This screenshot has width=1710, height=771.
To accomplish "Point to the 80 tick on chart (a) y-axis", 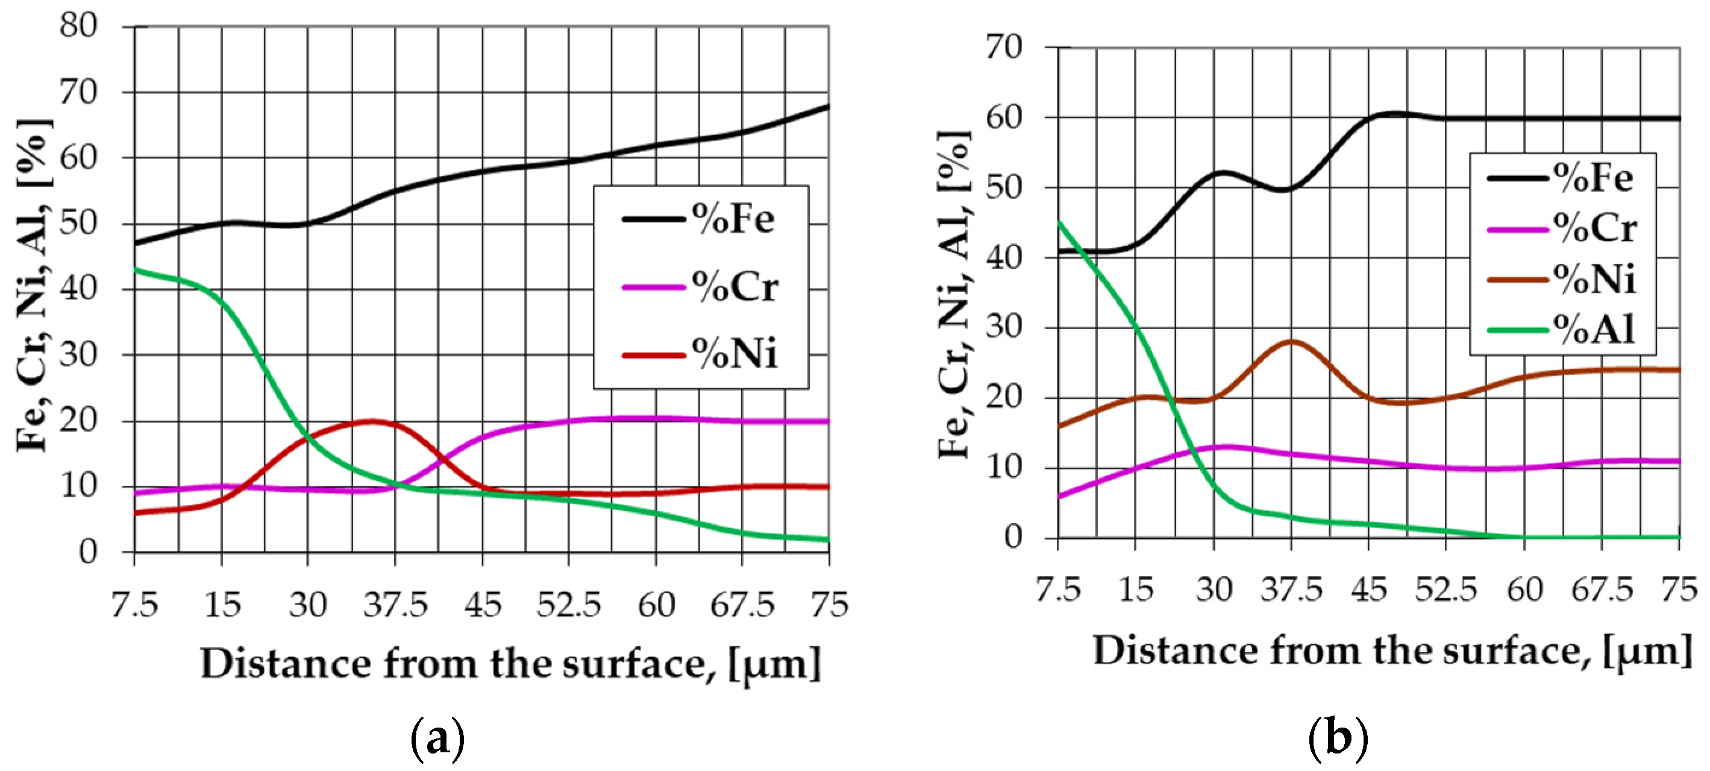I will [x=78, y=27].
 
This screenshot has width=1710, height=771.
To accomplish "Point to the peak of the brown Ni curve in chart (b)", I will [x=1291, y=341].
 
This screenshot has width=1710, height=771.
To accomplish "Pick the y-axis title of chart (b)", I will [x=954, y=295].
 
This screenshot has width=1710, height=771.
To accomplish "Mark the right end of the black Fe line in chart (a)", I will [x=828, y=106].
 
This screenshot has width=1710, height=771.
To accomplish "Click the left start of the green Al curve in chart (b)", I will [x=1059, y=222].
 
